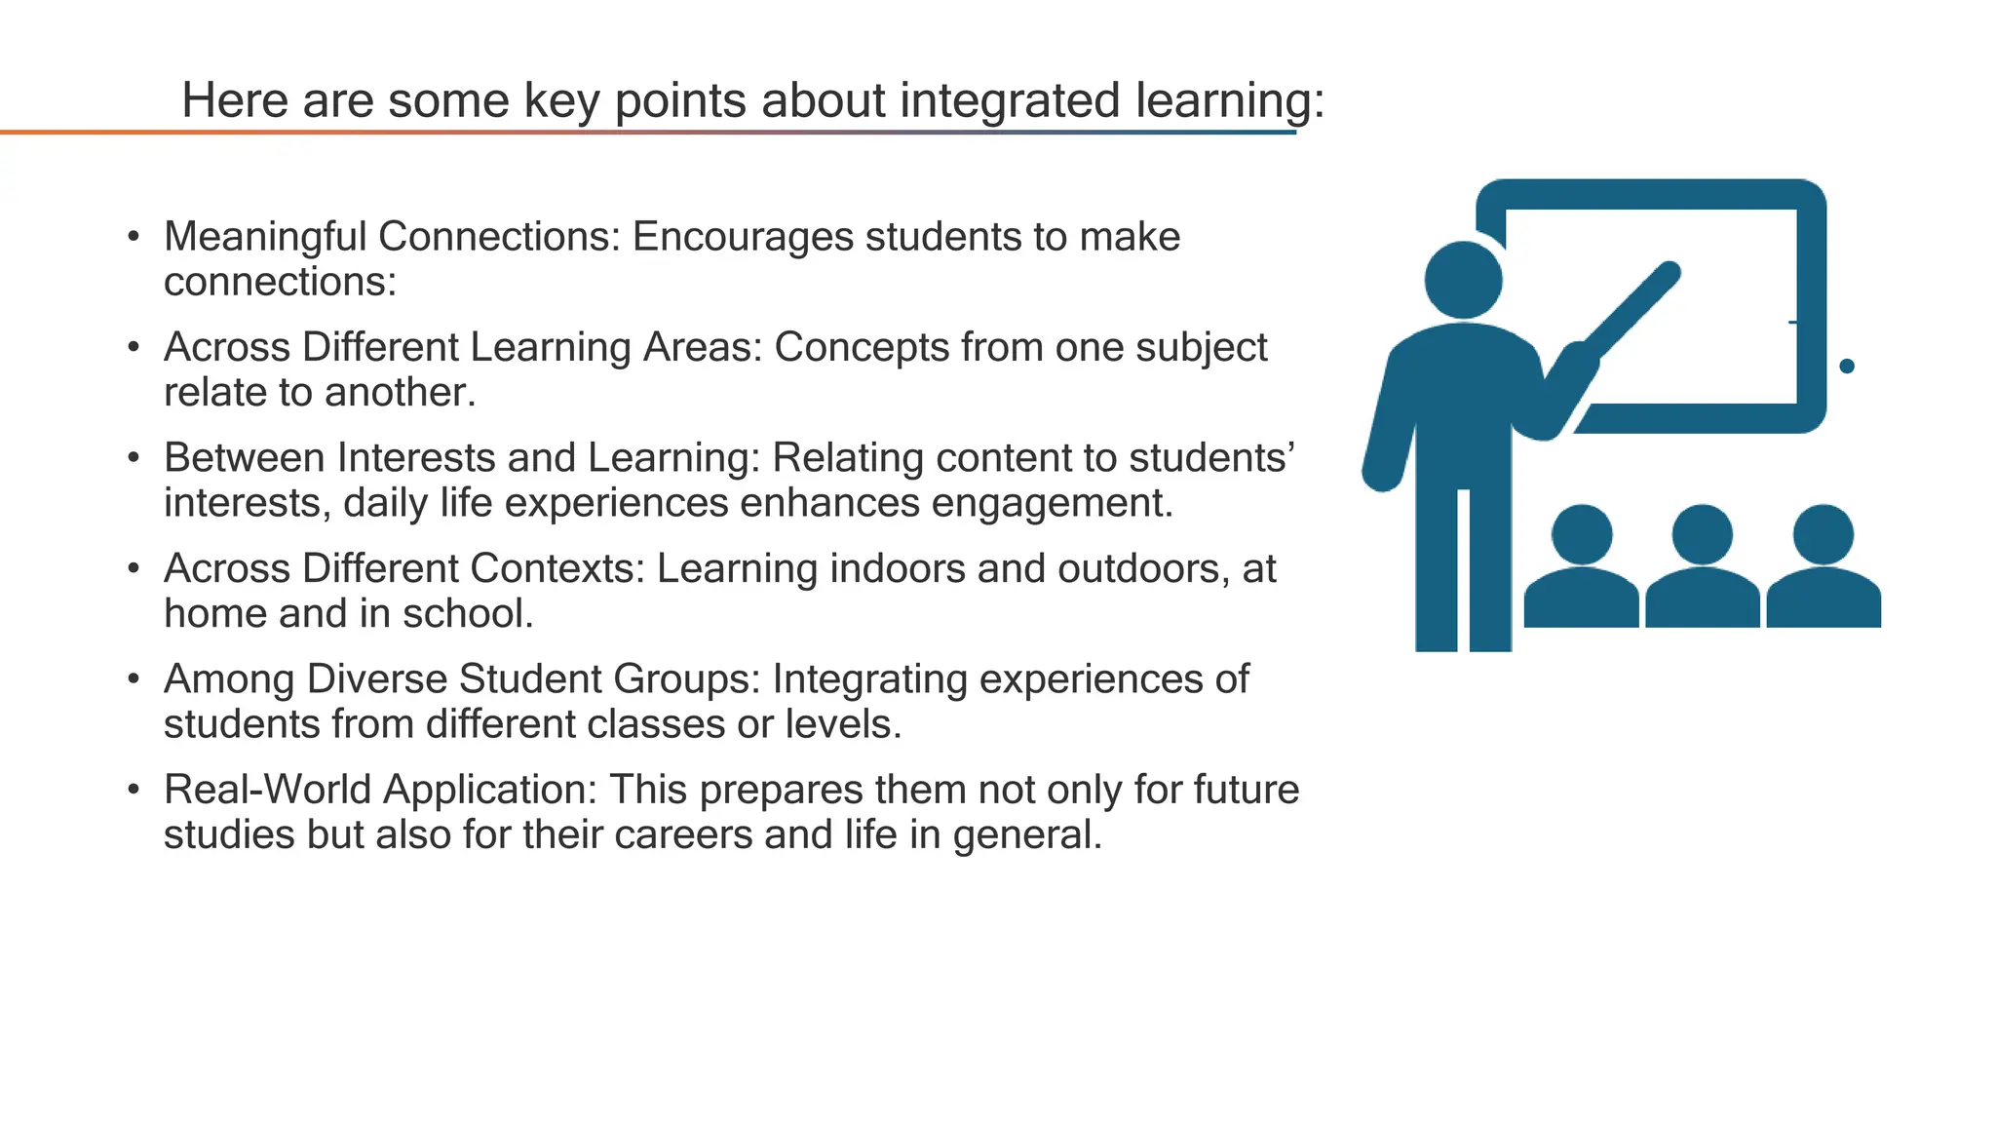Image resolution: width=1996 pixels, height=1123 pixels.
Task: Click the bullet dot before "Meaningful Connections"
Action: [134, 237]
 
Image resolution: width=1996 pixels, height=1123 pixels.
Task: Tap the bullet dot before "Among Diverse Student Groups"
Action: [134, 679]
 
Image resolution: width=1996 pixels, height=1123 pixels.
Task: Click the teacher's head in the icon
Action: [1463, 280]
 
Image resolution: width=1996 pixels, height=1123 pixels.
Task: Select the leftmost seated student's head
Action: [1581, 534]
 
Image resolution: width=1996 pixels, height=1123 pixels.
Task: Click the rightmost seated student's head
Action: [1823, 534]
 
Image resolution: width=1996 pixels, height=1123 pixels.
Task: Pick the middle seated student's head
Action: [1702, 534]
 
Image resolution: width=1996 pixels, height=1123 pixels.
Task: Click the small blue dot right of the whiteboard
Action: [1846, 367]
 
